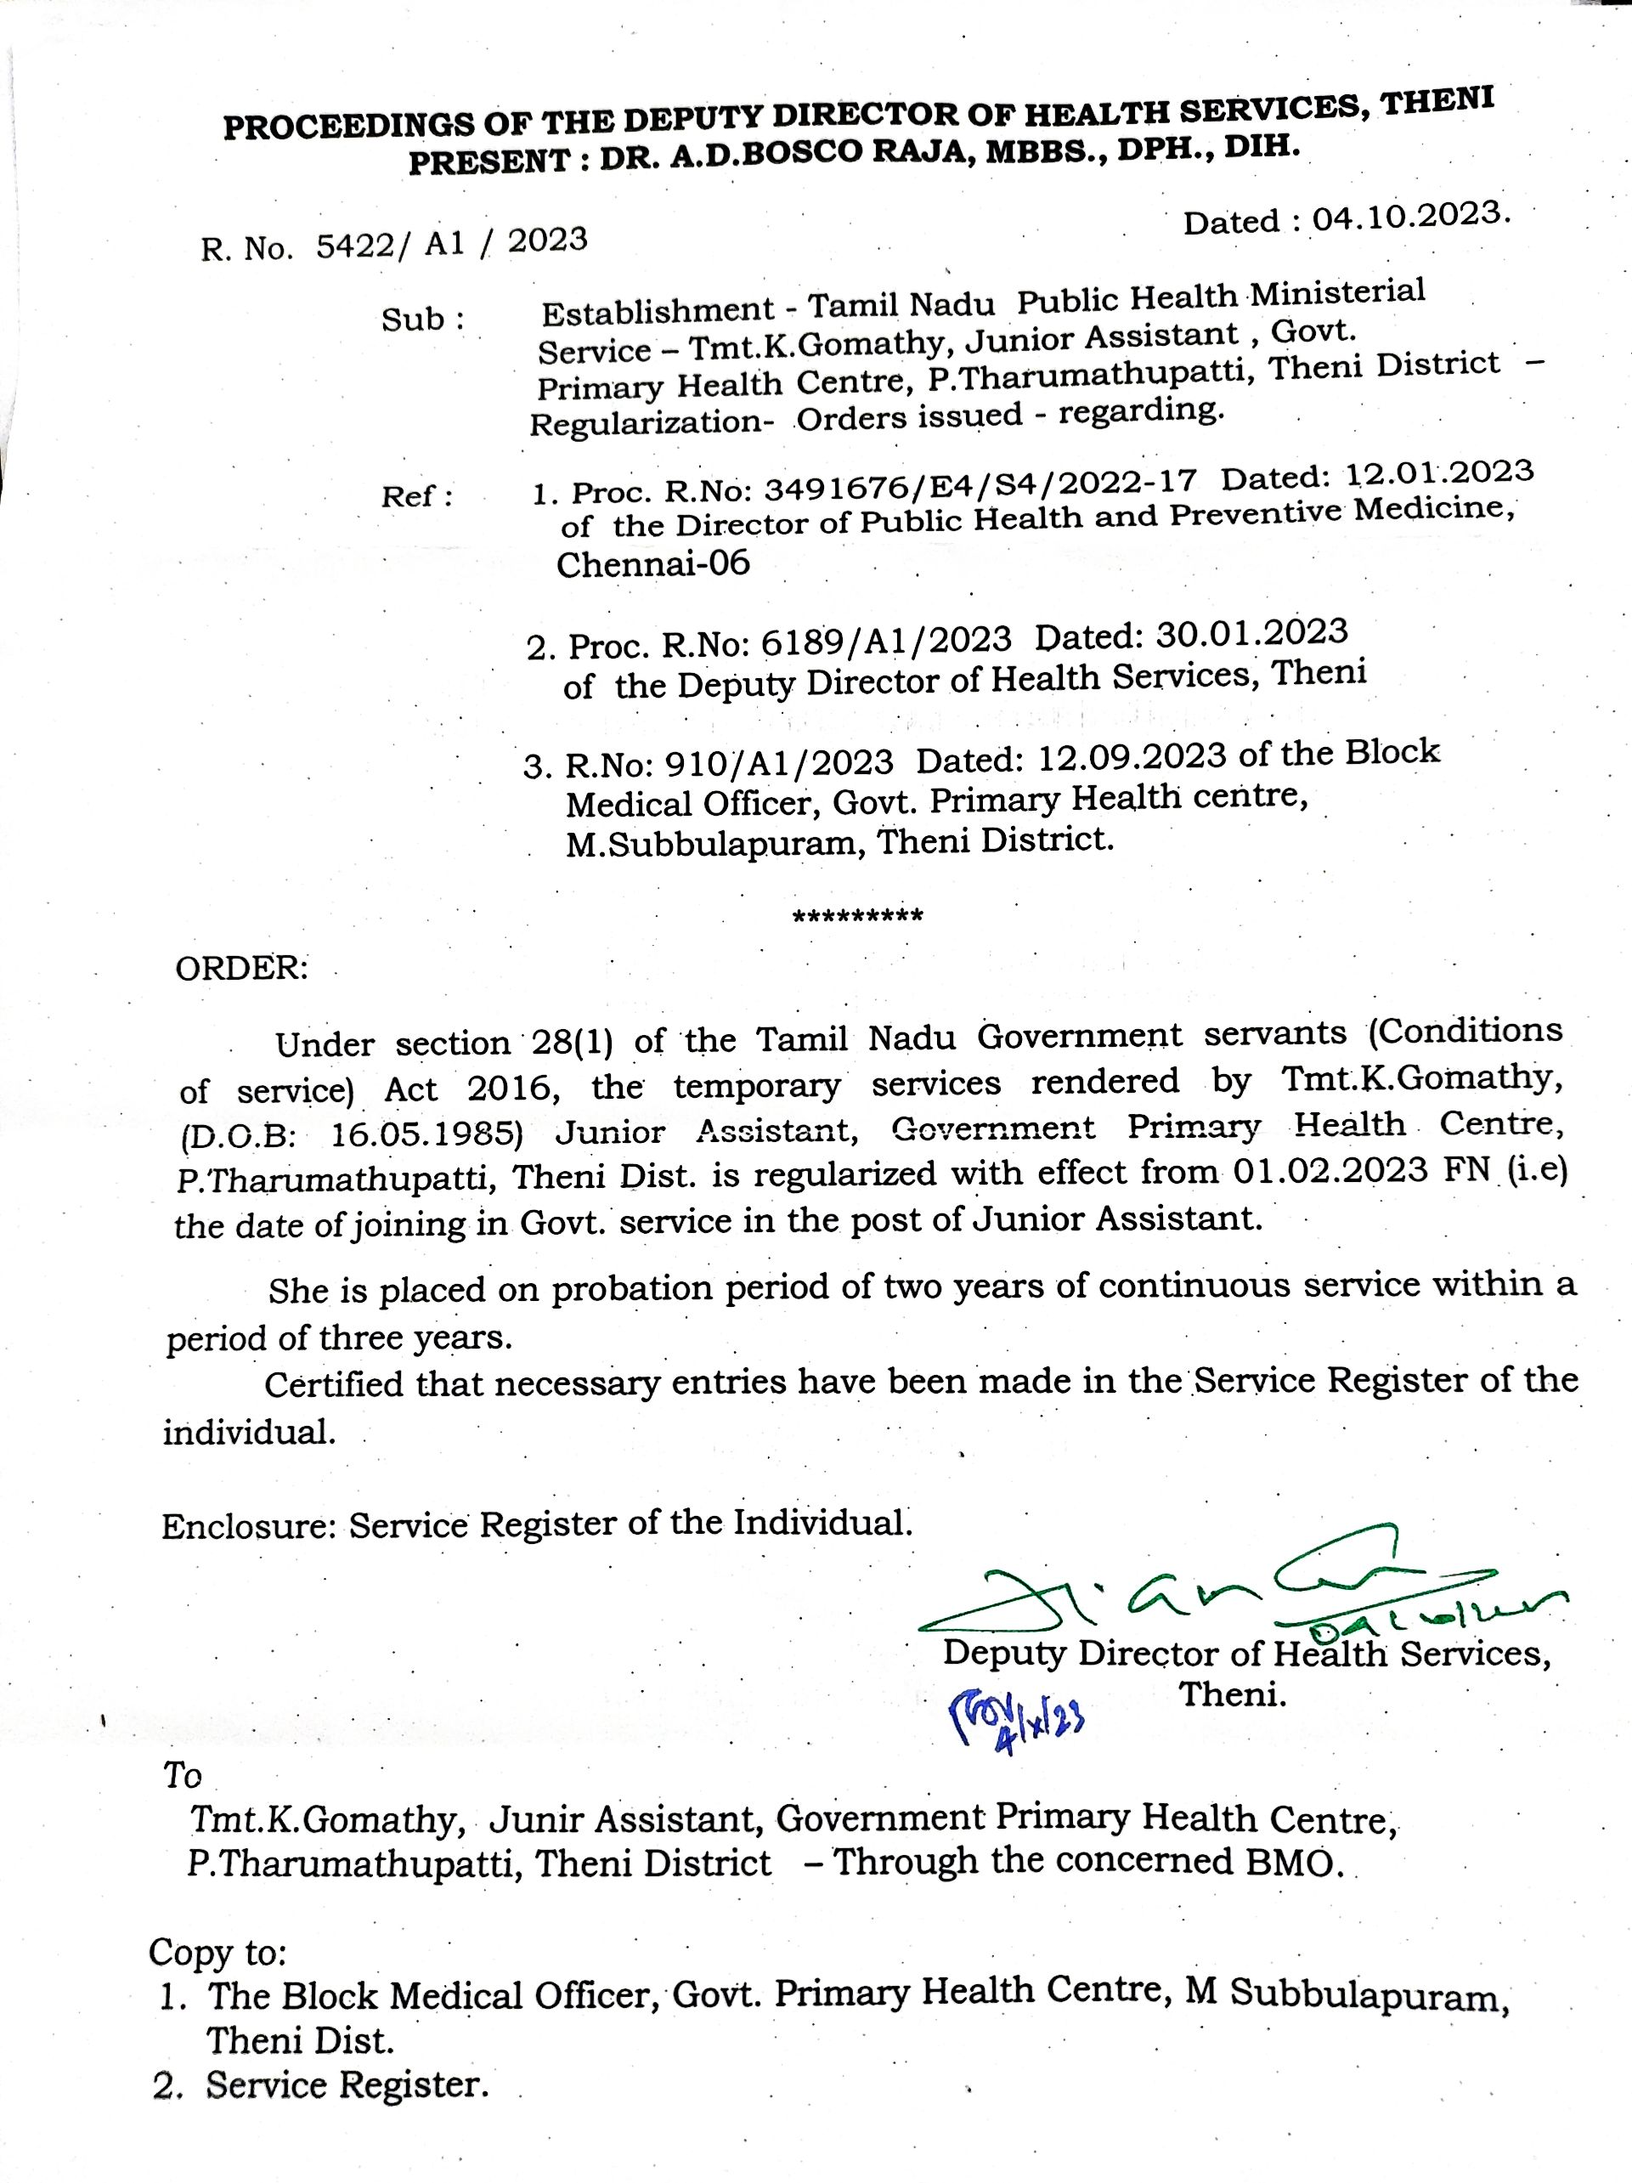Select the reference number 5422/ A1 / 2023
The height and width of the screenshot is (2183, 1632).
(451, 243)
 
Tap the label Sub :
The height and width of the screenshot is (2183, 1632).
(422, 320)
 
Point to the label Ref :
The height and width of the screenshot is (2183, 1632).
(417, 496)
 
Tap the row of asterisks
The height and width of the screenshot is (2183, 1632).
(857, 917)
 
